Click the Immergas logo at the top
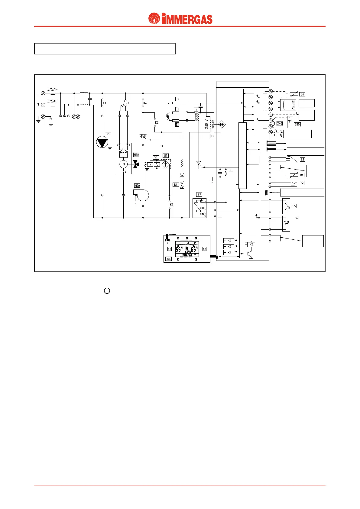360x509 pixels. coord(180,19)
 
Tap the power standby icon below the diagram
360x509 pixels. coord(107,291)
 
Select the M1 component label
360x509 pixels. coord(108,134)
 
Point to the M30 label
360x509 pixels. coord(136,155)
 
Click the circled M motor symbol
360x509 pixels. coord(123,164)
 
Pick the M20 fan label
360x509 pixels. coord(137,186)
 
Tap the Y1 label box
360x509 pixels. coord(156,157)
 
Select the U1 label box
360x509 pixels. coord(166,156)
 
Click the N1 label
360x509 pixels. coord(176,185)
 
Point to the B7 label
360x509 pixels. coord(199,195)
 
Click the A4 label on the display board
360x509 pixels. coord(169,259)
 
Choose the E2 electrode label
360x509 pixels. coord(177,99)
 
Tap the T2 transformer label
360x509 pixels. coord(212,136)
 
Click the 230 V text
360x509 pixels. coord(207,124)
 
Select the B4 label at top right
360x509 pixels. coord(302,94)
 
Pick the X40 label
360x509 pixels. coord(280,124)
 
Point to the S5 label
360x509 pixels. coord(294,206)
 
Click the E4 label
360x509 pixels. coord(296,218)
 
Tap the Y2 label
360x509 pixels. coord(302,183)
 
